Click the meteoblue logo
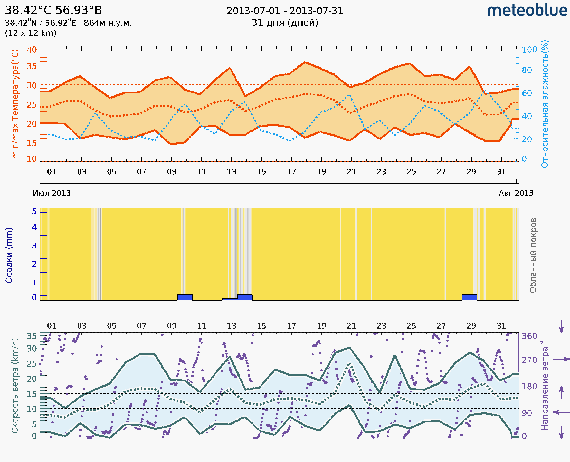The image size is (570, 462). click(527, 11)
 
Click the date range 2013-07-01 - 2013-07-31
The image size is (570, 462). click(285, 11)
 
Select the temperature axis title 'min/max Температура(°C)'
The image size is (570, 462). click(15, 104)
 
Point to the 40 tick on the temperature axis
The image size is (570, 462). click(32, 50)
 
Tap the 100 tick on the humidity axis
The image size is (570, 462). click(529, 50)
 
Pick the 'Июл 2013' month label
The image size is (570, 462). click(52, 193)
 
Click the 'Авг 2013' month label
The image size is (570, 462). click(516, 193)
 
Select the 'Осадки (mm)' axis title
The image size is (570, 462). click(9, 255)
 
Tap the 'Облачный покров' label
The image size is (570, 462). click(533, 255)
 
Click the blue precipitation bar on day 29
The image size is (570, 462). click(469, 297)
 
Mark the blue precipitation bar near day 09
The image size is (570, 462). click(185, 297)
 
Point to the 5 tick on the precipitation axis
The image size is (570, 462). click(34, 211)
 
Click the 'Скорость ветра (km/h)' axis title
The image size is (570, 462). click(15, 386)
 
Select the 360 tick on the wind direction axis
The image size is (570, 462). click(529, 336)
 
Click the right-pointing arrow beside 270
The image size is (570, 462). click(561, 359)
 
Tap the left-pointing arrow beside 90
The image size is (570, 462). click(561, 412)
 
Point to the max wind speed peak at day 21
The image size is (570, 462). click(349, 348)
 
